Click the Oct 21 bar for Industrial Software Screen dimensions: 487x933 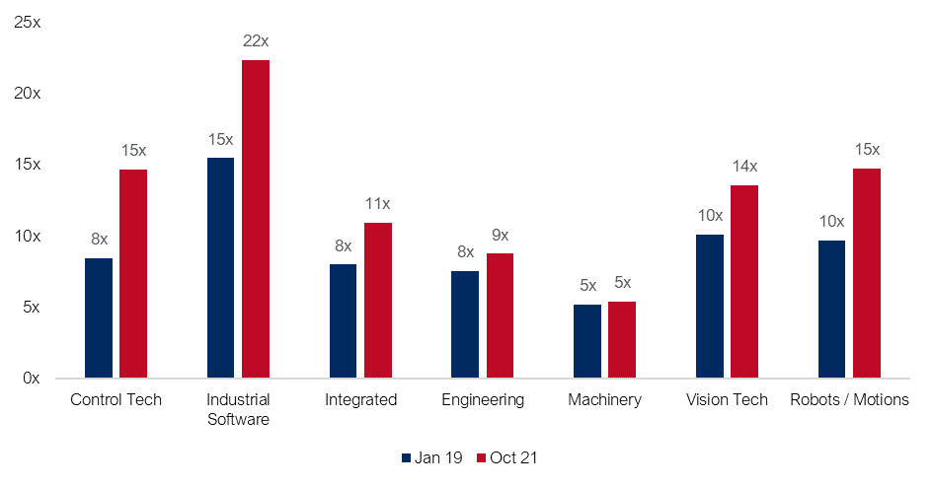coord(256,219)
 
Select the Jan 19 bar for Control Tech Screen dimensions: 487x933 coord(99,317)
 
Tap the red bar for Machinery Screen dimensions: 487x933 coord(621,339)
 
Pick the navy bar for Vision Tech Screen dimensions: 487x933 coord(710,306)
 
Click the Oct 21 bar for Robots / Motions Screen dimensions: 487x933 coord(866,273)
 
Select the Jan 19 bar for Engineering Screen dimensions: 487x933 coord(465,324)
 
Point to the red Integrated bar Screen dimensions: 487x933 coord(378,300)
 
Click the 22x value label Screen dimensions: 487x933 coord(256,41)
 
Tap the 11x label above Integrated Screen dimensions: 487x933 coord(378,204)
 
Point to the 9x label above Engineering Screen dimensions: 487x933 coord(500,235)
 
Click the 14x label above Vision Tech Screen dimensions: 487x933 coord(743,167)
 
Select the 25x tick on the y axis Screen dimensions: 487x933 coord(28,22)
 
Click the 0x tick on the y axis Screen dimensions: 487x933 coord(32,379)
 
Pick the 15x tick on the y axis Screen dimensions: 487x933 coord(28,165)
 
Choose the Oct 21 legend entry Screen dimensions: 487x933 coord(506,457)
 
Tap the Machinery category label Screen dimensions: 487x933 coord(604,400)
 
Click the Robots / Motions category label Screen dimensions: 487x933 coord(849,400)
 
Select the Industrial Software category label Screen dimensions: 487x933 coord(238,409)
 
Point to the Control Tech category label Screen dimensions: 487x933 coord(116,400)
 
